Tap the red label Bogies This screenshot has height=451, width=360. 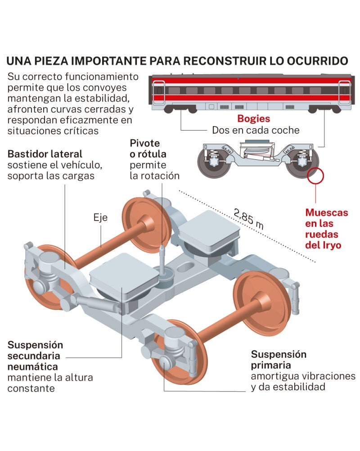pyautogui.click(x=254, y=119)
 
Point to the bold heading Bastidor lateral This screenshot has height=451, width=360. pyautogui.click(x=45, y=154)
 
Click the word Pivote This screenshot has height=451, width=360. pyautogui.click(x=144, y=143)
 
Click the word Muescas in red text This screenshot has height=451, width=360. pyautogui.click(x=326, y=212)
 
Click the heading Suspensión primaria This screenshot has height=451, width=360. pyautogui.click(x=279, y=359)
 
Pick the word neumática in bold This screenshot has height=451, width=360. pyautogui.click(x=33, y=366)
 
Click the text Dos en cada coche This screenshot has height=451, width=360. pyautogui.click(x=256, y=130)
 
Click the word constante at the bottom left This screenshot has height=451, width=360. pyautogui.click(x=31, y=388)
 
